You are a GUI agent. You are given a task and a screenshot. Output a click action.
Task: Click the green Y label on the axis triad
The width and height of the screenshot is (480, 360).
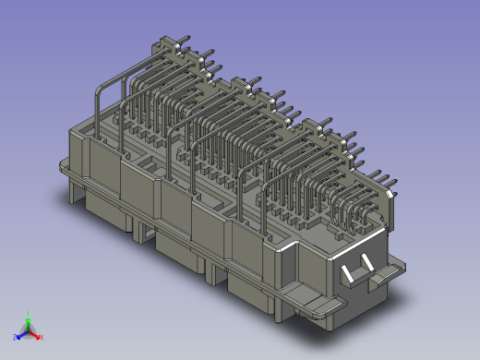click(29, 313)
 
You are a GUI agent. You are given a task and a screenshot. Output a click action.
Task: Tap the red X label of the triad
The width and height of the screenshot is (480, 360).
click(42, 337)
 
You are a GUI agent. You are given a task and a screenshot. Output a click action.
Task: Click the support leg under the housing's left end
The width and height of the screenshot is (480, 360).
click(74, 189)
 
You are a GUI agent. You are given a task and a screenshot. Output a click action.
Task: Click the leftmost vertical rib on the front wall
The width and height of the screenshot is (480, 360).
click(122, 185)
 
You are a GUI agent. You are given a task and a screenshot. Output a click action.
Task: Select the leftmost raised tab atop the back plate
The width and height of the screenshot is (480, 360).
click(167, 42)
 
